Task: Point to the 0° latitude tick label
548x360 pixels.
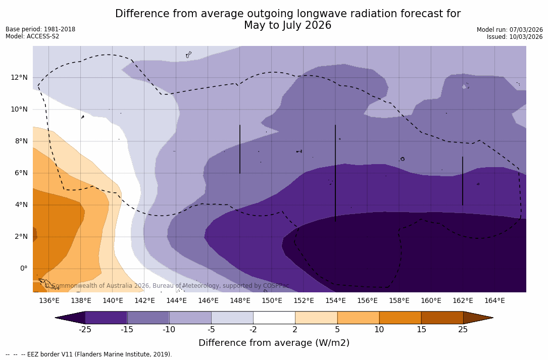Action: pyautogui.click(x=23, y=268)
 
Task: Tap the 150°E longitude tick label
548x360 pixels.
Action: pyautogui.click(x=272, y=301)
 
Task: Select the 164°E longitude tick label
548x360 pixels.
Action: pyautogui.click(x=494, y=301)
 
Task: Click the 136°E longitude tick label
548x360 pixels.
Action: pyautogui.click(x=49, y=301)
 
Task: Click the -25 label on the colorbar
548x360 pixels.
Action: pyautogui.click(x=85, y=330)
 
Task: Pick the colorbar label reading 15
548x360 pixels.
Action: pyautogui.click(x=421, y=330)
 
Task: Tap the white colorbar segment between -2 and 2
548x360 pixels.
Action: pyautogui.click(x=274, y=318)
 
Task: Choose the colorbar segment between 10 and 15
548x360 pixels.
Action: pyautogui.click(x=400, y=318)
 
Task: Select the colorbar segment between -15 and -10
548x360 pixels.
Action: pyautogui.click(x=148, y=318)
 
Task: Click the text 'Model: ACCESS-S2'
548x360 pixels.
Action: pyautogui.click(x=32, y=36)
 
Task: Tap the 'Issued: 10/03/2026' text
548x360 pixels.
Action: pyautogui.click(x=514, y=37)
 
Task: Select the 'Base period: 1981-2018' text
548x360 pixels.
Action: pyautogui.click(x=40, y=29)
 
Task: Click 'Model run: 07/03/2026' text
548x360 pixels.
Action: pyautogui.click(x=510, y=30)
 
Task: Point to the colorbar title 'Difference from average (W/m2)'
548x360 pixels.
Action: pyautogui.click(x=274, y=343)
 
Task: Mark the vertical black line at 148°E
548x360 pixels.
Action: pyautogui.click(x=240, y=149)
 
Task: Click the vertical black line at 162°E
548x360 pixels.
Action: pyautogui.click(x=463, y=181)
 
